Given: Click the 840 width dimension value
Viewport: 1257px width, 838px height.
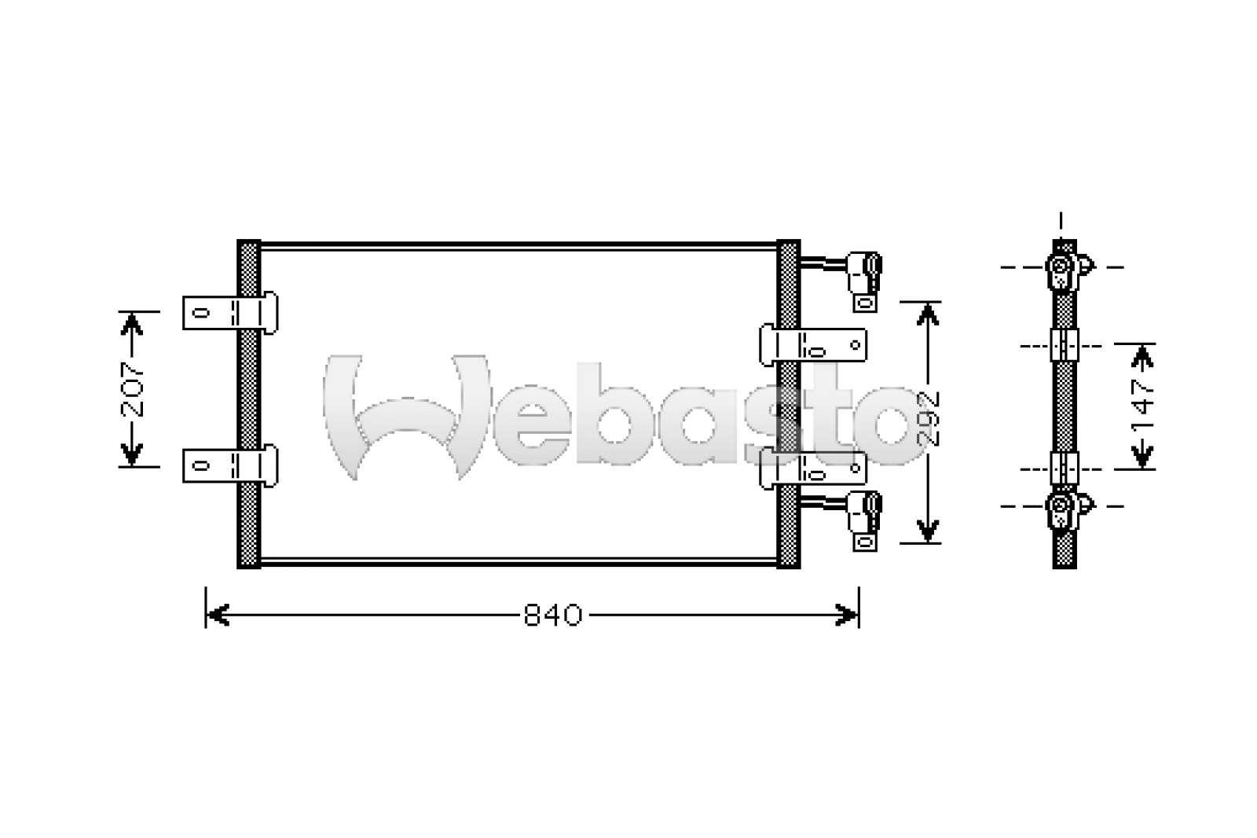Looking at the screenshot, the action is [553, 616].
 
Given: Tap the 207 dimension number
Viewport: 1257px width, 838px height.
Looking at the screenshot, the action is [133, 389].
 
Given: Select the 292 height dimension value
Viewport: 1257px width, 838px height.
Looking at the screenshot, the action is [928, 419].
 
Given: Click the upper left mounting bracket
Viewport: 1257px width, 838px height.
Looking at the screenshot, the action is [230, 313].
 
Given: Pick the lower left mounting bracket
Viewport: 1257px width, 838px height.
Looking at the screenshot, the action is [230, 465].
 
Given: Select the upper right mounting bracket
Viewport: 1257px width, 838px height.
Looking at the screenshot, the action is [813, 345].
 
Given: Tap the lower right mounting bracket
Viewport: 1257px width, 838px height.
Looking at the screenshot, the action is [813, 469].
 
